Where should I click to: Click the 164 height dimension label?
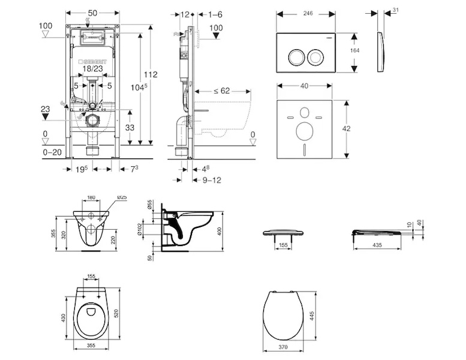(x=354, y=51)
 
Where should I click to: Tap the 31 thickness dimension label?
(x=395, y=10)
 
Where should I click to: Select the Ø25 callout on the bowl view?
(x=120, y=197)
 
